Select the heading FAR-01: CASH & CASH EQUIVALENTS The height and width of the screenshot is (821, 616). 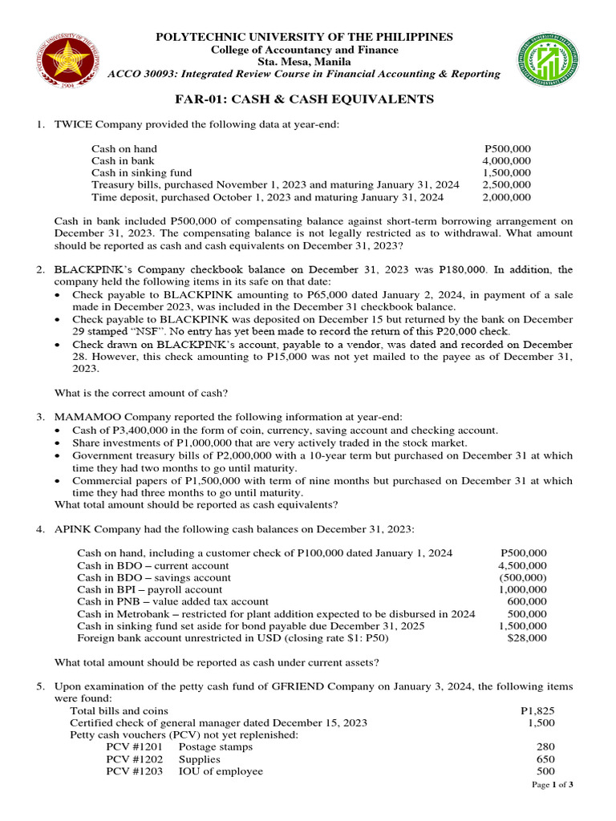[304, 99]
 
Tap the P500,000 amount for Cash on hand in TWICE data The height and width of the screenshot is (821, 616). [508, 149]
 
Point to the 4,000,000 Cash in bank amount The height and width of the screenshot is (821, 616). [506, 161]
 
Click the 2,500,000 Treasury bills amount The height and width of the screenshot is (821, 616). [506, 184]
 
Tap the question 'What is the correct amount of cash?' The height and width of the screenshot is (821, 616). [141, 393]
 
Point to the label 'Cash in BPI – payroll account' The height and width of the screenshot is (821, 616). [149, 589]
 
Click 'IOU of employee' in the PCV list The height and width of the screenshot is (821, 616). [220, 771]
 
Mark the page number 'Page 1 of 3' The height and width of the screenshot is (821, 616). [553, 785]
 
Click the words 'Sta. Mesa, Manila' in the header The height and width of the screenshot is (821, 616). [303, 62]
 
